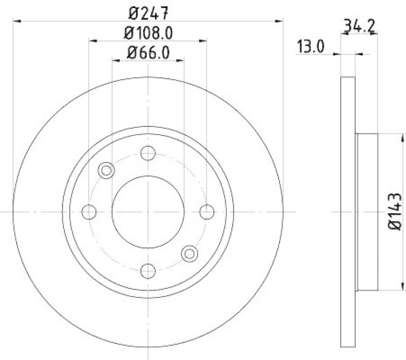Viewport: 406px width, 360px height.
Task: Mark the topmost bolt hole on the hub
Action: point(148,152)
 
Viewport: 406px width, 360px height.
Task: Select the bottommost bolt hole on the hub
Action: point(148,270)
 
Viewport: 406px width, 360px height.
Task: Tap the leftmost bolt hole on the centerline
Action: point(89,212)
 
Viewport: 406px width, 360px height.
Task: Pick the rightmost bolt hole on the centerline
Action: point(207,212)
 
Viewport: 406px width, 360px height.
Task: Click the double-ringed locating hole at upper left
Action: point(106,170)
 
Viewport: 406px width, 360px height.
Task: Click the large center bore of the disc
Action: point(148,212)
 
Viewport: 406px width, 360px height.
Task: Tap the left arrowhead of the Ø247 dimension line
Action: point(16,21)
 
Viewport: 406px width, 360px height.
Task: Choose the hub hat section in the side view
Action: point(366,212)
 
